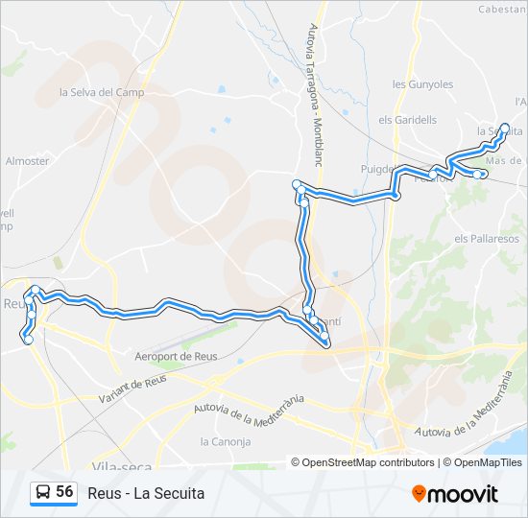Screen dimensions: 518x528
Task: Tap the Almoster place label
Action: pos(27,161)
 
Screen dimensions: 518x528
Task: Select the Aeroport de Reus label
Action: pos(177,356)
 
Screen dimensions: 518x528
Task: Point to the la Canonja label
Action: pos(225,442)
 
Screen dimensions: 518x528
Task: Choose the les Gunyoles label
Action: pos(422,84)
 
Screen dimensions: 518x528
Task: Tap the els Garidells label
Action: pos(408,120)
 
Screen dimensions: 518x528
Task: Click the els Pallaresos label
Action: pos(487,238)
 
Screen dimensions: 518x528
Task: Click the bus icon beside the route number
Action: pos(42,493)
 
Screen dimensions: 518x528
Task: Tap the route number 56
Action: pos(65,492)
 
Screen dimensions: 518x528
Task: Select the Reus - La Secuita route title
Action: pos(146,493)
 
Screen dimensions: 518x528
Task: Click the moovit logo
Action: pos(456,494)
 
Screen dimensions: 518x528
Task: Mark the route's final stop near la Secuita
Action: pos(506,127)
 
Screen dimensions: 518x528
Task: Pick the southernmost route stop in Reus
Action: pos(28,340)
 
